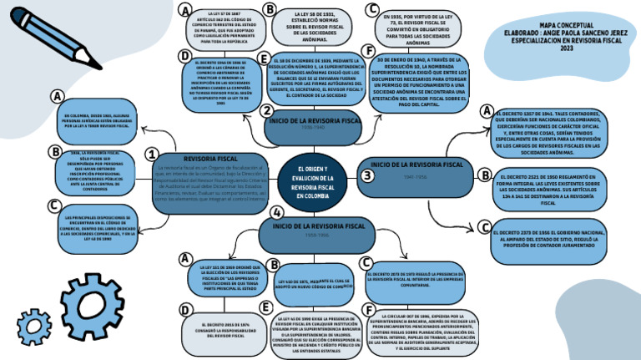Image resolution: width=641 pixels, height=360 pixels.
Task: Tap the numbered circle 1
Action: [x=152, y=155]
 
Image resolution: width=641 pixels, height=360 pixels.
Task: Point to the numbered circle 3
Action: [x=367, y=175]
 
